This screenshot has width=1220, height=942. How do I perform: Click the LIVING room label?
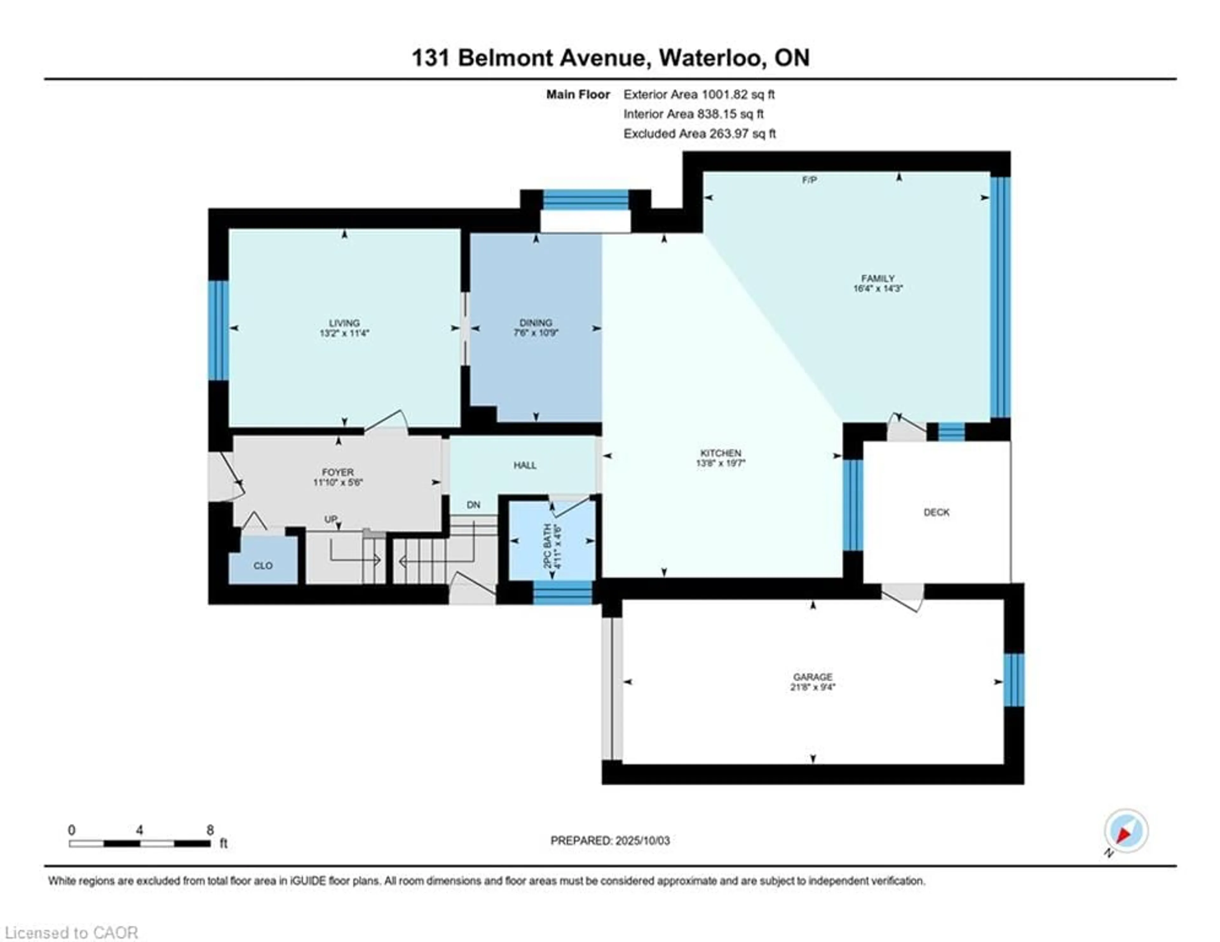coord(344,323)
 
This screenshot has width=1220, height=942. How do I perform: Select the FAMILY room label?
coord(878,278)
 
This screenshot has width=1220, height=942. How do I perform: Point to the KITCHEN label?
coord(721,453)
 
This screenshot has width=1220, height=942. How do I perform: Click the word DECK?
coord(936,512)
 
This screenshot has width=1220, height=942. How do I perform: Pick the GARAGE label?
coord(813,677)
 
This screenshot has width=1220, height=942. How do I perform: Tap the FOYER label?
coord(338,472)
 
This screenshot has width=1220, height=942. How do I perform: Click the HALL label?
coord(525,465)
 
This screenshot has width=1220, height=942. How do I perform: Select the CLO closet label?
coord(263,566)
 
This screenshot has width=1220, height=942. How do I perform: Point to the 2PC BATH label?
coord(548,546)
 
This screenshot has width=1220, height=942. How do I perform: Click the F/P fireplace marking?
coord(810,180)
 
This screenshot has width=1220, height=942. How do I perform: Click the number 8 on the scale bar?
coord(210,830)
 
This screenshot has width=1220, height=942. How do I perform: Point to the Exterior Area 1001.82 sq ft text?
coord(699,94)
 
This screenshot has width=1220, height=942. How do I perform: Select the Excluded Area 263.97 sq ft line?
coord(699,133)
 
